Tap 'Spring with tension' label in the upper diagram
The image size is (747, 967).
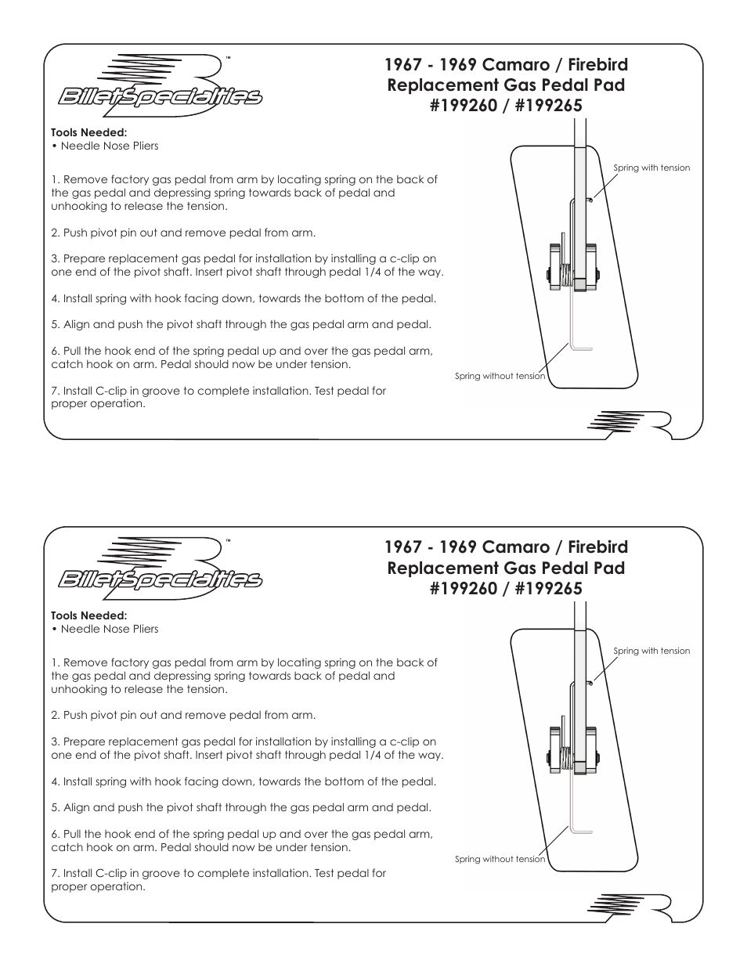click(651, 168)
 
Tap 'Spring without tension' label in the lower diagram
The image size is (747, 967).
click(500, 859)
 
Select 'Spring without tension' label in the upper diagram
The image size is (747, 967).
click(500, 376)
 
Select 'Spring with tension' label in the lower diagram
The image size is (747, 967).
click(651, 651)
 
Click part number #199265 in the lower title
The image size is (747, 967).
click(548, 588)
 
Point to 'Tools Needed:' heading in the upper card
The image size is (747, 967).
click(88, 132)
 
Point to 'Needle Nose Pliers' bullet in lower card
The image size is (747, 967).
click(109, 629)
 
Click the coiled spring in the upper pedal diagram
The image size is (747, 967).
click(564, 275)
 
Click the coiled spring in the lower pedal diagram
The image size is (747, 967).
click(564, 758)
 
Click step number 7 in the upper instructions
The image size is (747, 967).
click(55, 391)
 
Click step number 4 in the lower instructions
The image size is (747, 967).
click(55, 781)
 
